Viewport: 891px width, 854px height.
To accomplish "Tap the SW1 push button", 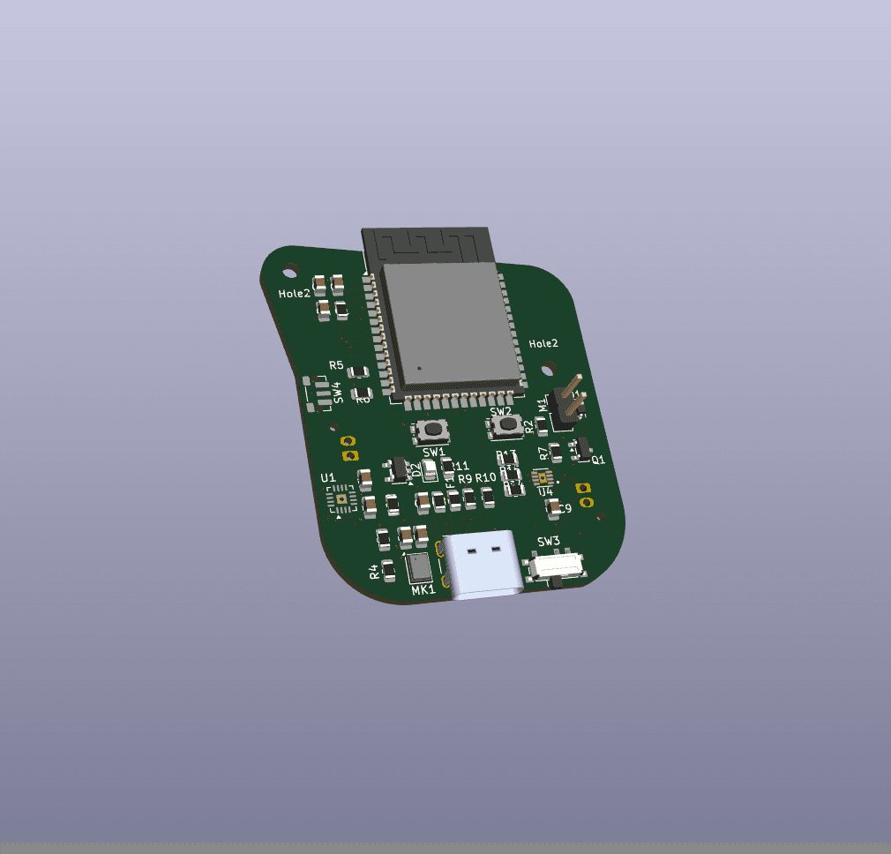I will click(x=432, y=431).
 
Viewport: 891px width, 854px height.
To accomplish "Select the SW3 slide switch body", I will click(x=555, y=566).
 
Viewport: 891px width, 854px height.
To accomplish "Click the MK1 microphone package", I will click(x=419, y=567).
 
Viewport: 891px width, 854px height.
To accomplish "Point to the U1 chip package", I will click(x=342, y=501).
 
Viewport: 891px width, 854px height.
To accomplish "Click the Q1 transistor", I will click(x=580, y=449).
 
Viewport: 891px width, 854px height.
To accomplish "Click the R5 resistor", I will click(x=358, y=371).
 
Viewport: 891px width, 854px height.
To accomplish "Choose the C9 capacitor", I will click(x=553, y=506).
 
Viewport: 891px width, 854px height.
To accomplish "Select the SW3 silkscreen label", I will click(x=548, y=541).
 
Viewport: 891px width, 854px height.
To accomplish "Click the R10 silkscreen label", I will click(x=486, y=478).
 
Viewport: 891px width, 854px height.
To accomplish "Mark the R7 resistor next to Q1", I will click(x=556, y=453).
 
